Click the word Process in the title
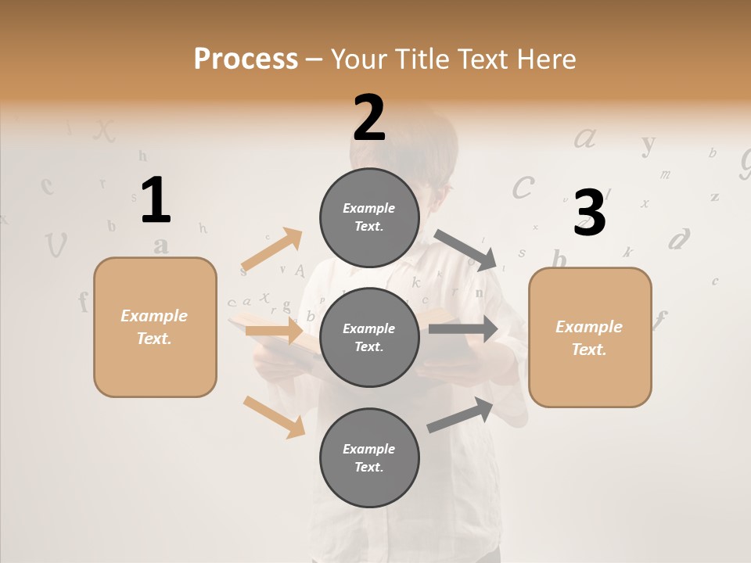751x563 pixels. [246, 59]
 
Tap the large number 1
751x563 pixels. [155, 200]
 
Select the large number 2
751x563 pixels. [369, 118]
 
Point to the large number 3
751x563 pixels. [590, 213]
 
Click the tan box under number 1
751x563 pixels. [155, 327]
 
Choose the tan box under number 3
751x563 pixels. [590, 337]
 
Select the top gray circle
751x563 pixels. [369, 217]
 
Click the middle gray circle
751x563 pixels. [369, 337]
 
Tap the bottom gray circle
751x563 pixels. [369, 457]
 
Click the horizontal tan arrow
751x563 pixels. [274, 331]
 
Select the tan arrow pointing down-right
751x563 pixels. [274, 417]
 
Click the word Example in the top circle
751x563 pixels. [369, 208]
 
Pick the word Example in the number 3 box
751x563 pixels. [589, 327]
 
